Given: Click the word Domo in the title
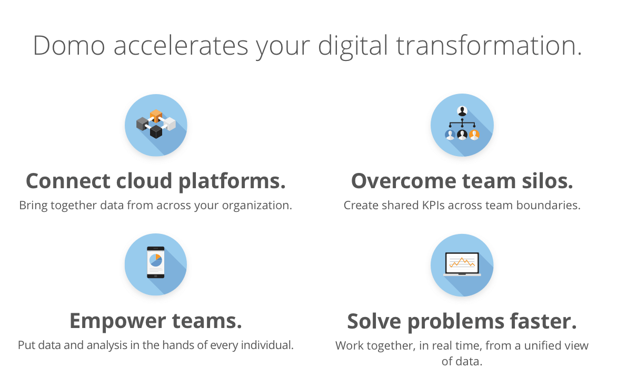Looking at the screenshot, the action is (x=69, y=46).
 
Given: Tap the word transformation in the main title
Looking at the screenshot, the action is (x=489, y=46).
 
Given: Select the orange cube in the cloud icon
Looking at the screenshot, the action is (x=156, y=116).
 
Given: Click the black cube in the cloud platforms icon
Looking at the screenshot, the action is (x=156, y=131).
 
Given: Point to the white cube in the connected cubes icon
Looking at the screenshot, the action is (x=170, y=124).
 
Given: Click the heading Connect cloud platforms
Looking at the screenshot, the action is (x=156, y=181).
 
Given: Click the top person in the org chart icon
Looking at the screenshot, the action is (x=462, y=111).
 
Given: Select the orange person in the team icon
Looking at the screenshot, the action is (x=474, y=135).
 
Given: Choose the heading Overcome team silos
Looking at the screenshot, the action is (x=462, y=181).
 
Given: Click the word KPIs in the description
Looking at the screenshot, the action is (x=433, y=206).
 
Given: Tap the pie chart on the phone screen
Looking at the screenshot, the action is (x=156, y=260).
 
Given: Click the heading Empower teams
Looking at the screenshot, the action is (x=156, y=321).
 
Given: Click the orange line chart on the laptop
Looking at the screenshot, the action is (x=462, y=262).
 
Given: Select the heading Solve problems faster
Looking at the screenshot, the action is (x=462, y=321).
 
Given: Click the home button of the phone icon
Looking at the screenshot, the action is (x=156, y=276).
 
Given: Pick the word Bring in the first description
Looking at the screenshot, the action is (x=33, y=206).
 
